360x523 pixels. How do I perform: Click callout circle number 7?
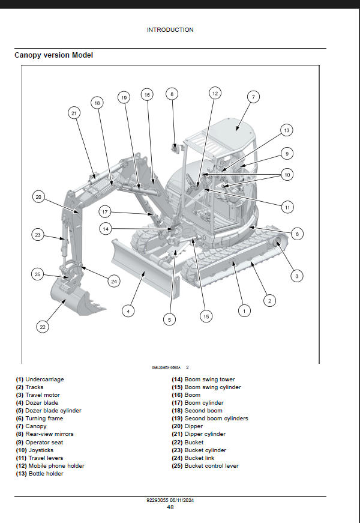[x=253, y=97]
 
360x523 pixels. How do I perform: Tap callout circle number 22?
[x=42, y=327]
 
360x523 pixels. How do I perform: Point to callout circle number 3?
[x=296, y=276]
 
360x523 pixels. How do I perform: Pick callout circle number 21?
[x=74, y=112]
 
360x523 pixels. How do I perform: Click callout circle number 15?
[x=206, y=316]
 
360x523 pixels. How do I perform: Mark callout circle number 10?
[x=287, y=175]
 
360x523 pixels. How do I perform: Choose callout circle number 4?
[x=127, y=310]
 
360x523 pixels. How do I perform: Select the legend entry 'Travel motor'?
[x=38, y=395]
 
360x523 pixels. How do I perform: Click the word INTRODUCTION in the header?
[x=170, y=29]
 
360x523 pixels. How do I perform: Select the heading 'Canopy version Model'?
[x=54, y=55]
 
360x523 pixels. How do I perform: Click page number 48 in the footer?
[x=170, y=507]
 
